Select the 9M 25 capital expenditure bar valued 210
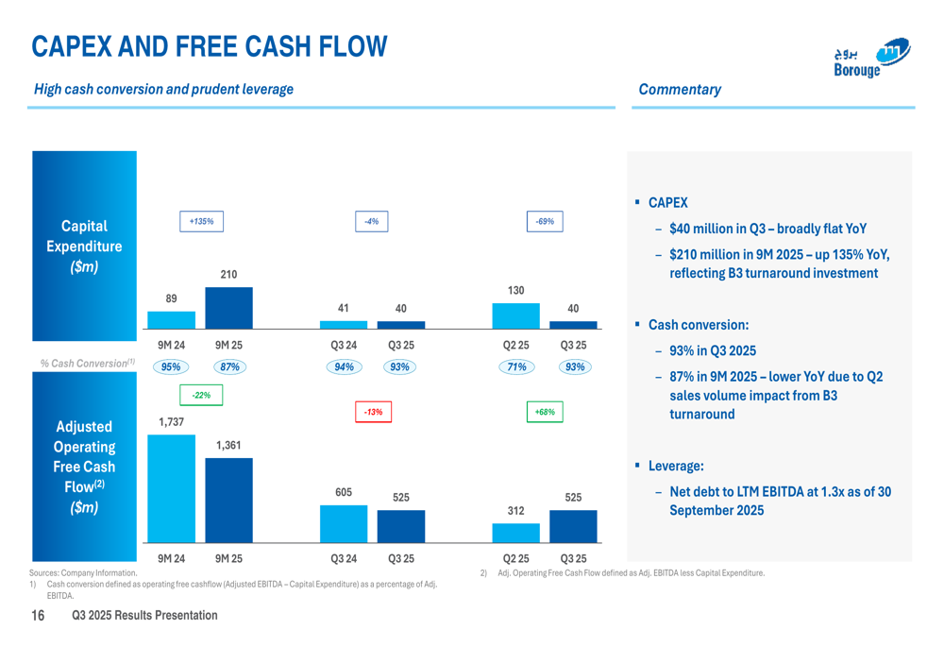pos(228,307)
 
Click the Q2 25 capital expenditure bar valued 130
pos(516,315)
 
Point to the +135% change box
pos(201,221)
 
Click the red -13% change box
pos(374,412)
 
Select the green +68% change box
pos(545,412)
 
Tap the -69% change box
pos(545,221)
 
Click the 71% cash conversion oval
pos(516,367)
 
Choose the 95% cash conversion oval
pos(171,367)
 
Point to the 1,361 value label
pos(228,445)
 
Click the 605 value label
pos(344,492)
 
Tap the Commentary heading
pos(680,90)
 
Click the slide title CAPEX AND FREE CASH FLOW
pos(210,46)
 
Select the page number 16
pos(38,616)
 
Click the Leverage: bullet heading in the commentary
pos(676,467)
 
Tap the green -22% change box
pos(201,395)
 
